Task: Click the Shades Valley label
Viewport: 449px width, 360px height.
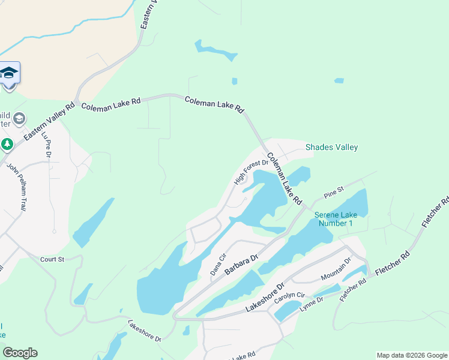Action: (x=331, y=147)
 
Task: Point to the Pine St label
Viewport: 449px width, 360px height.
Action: (x=333, y=193)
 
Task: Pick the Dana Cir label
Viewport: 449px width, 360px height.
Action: (x=217, y=266)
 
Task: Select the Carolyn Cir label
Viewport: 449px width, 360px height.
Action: (x=290, y=299)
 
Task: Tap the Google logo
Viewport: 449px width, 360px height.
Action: (x=20, y=353)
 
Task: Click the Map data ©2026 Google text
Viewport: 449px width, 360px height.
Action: (x=412, y=355)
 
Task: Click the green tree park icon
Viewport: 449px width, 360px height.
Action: (x=7, y=145)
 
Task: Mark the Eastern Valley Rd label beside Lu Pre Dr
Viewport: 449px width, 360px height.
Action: (x=49, y=121)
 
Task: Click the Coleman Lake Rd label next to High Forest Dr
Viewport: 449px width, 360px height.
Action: (x=285, y=179)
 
